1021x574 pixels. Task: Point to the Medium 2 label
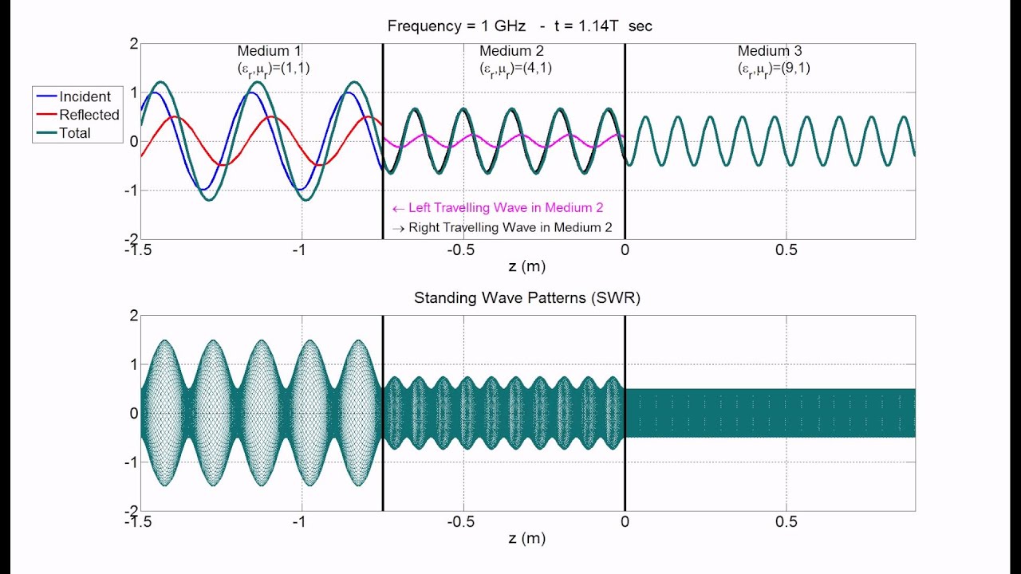tap(511, 52)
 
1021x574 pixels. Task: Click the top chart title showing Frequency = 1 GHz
tap(519, 26)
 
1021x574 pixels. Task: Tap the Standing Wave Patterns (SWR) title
tap(526, 298)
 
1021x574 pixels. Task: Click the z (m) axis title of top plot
tap(526, 266)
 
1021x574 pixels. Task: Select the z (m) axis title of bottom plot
tap(526, 538)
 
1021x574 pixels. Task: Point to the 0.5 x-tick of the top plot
tap(786, 250)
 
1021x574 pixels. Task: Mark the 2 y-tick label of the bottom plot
tap(134, 315)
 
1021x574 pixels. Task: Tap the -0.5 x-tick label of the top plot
tap(461, 250)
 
